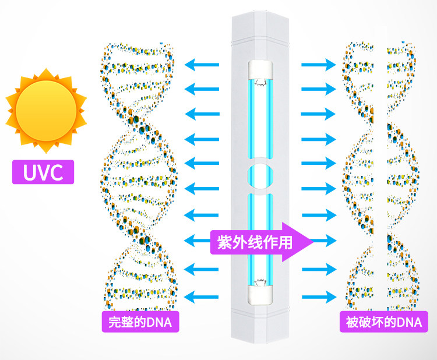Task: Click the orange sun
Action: (x=45, y=111)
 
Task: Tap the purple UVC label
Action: (x=43, y=172)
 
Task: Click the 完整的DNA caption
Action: (x=140, y=322)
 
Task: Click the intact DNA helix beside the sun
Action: (x=139, y=175)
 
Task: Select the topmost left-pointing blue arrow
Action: (x=202, y=64)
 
